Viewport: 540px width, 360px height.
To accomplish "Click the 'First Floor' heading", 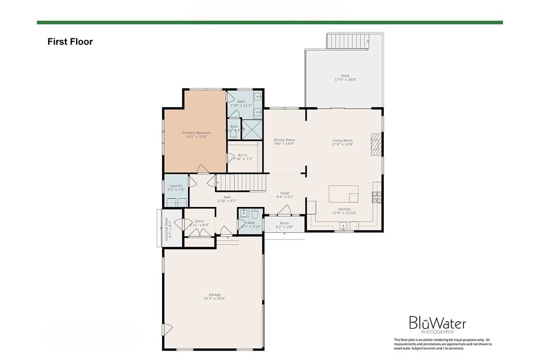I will [x=70, y=42].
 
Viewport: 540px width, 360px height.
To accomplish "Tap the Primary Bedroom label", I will [x=197, y=133].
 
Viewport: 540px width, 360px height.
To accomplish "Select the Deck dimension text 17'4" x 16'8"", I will [x=345, y=80].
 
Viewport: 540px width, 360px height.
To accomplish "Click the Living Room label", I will [x=342, y=140].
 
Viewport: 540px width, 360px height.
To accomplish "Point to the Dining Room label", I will [x=284, y=140].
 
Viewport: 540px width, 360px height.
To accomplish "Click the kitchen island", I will [x=343, y=194].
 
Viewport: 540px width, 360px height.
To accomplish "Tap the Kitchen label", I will [x=344, y=209].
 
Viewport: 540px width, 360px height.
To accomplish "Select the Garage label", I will [x=214, y=295].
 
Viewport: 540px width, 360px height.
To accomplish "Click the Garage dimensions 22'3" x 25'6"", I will [x=214, y=299].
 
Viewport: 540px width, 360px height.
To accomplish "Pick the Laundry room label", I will [x=176, y=186].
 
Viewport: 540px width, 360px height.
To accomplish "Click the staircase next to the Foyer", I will [x=241, y=183].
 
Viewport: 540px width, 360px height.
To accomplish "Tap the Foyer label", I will [x=285, y=193].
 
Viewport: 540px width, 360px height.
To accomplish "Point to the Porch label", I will [x=284, y=223].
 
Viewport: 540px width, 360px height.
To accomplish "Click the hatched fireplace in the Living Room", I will [x=376, y=144].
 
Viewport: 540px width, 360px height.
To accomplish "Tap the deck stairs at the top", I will [x=348, y=41].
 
